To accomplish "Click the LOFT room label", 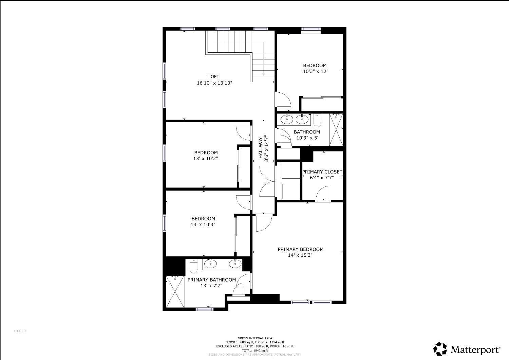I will coord(214,77).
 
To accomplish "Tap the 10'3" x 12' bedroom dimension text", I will coord(315,72).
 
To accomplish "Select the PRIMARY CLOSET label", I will coord(322,172).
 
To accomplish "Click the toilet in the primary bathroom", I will coord(193,267).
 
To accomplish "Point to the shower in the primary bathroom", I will coord(175,291).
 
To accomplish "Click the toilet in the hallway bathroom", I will coord(317,120).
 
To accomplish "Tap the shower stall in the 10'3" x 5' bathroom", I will coord(336,130).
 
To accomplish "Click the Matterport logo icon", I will coord(440,349).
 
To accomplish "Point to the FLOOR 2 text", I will coord(20,331).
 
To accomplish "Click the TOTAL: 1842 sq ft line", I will coord(254,350).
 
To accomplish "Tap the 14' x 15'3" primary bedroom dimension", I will coord(300,255).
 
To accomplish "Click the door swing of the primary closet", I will coord(323,194).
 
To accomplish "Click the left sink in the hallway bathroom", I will coord(287,119).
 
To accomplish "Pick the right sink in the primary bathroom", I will coord(235,263).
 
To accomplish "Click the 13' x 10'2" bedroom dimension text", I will coord(206,158).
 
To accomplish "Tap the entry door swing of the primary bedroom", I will coord(263,223).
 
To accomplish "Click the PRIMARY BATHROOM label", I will coord(211,280).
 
